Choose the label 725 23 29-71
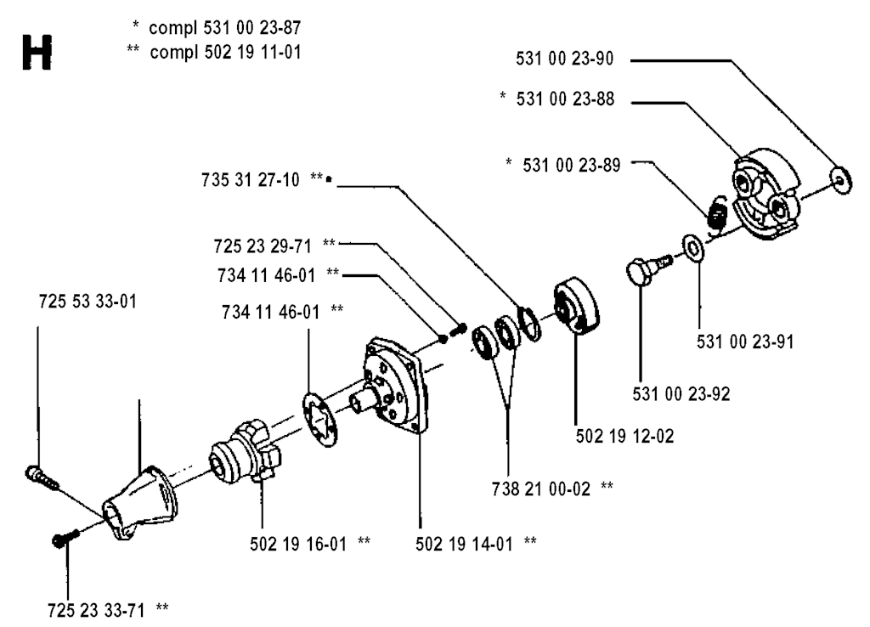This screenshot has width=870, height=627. click(x=263, y=245)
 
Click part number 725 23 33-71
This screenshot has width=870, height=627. click(x=104, y=608)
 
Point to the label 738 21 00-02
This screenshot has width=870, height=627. click(x=546, y=487)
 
